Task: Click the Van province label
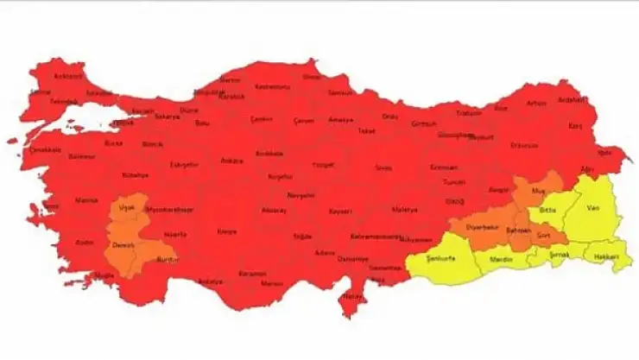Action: [x=592, y=208]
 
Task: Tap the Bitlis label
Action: [x=547, y=210]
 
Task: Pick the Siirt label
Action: [x=543, y=234]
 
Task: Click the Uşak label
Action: [x=127, y=209]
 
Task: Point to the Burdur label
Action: [x=168, y=258]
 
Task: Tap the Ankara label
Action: [x=231, y=161]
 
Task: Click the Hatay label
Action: [x=351, y=296]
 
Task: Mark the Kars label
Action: [x=575, y=125]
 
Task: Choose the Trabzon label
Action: [x=469, y=113]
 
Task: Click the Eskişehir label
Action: [x=183, y=164]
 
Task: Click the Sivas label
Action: [x=383, y=167]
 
